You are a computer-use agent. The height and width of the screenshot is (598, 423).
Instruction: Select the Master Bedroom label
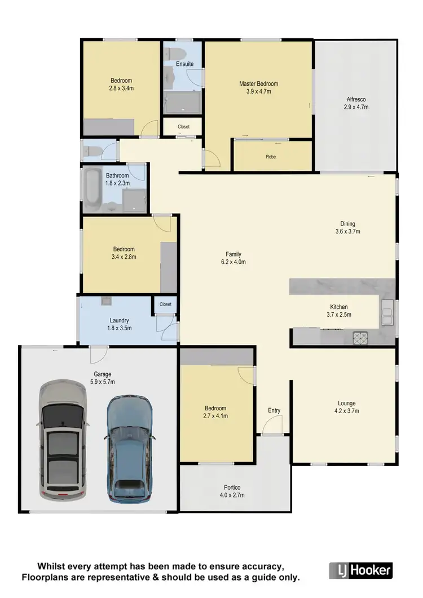pos(258,88)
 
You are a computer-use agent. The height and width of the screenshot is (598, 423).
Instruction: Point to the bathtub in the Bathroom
pos(92,190)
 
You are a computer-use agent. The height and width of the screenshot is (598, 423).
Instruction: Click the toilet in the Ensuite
pos(172,54)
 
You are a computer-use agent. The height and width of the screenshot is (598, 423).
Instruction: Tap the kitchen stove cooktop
pos(360,338)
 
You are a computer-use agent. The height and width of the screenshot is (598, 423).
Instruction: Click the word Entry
pos(274,410)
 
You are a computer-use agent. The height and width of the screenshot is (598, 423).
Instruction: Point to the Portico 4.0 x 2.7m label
pos(232,491)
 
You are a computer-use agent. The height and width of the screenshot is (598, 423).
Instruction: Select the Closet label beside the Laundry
pos(165,304)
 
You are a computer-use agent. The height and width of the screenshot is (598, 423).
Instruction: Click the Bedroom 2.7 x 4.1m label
pos(215,412)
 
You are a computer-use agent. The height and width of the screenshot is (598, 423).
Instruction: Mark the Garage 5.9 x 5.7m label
pos(102,378)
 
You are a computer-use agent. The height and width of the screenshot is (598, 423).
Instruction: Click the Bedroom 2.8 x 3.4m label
pos(121,84)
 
